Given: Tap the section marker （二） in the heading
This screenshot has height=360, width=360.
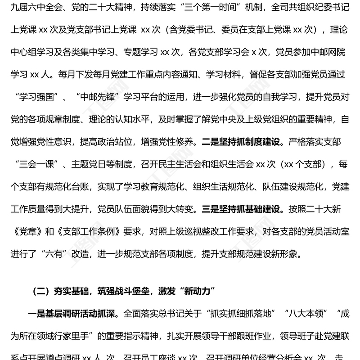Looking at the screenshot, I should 43,292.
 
